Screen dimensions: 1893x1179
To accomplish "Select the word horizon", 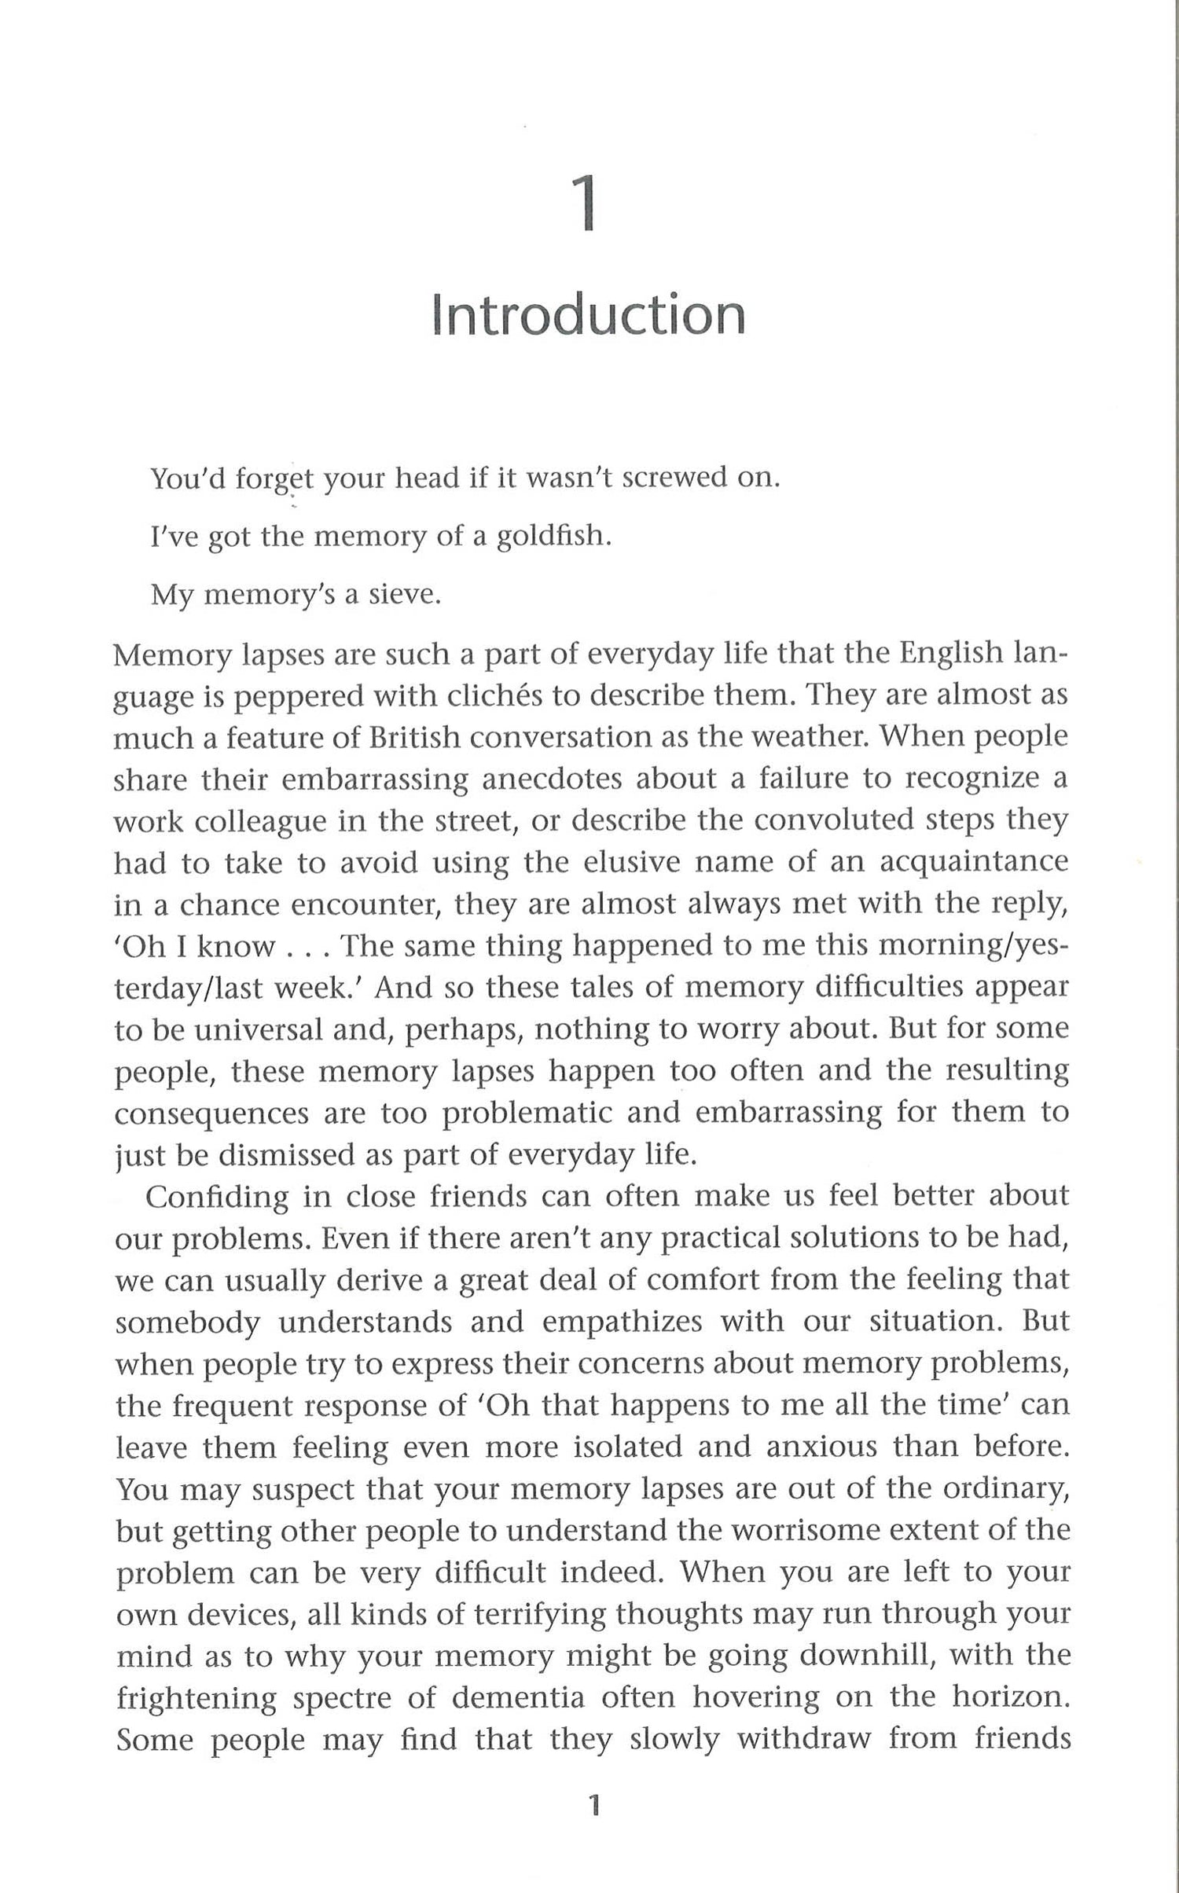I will tap(1011, 1698).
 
